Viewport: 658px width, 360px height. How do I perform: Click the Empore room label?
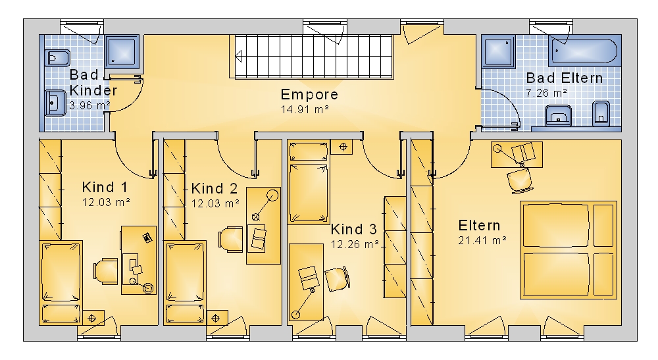point(309,94)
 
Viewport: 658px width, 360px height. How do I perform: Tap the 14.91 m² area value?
point(305,109)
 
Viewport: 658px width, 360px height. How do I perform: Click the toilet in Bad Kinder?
point(56,58)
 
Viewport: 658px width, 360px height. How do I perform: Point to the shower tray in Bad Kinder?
point(122,52)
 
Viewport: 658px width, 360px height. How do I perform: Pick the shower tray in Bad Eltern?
point(499,51)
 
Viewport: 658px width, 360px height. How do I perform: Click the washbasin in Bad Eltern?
point(558,115)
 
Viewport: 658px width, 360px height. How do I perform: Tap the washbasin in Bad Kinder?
point(55,103)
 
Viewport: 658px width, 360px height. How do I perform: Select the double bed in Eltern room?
point(569,250)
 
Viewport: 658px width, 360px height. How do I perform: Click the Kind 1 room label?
point(105,187)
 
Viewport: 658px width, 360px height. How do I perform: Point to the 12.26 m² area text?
point(355,244)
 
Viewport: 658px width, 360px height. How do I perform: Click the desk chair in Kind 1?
point(106,271)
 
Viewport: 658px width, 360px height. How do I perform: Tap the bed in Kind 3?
point(309,182)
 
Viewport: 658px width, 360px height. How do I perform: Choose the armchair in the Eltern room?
point(520,180)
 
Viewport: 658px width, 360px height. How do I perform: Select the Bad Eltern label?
point(565,78)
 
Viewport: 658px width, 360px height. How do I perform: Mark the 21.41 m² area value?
point(482,241)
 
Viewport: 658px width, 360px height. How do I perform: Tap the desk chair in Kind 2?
point(231,240)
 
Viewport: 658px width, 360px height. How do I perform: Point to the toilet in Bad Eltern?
point(601,114)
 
